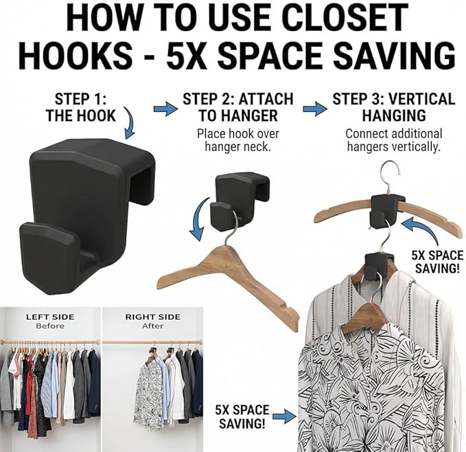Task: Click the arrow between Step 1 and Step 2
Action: click(x=165, y=109)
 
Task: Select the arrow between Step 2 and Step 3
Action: click(x=315, y=109)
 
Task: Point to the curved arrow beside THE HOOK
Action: click(x=130, y=123)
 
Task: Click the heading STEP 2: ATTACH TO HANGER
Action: click(x=238, y=107)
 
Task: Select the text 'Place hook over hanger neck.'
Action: click(x=238, y=140)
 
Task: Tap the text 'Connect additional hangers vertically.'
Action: click(x=394, y=140)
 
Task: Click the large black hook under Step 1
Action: click(x=86, y=214)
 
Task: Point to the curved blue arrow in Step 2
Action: click(x=198, y=218)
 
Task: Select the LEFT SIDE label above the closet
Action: click(x=50, y=317)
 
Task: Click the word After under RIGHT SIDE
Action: click(x=153, y=326)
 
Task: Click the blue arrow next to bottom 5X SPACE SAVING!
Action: click(x=284, y=416)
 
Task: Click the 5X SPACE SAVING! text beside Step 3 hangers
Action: click(x=437, y=262)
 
